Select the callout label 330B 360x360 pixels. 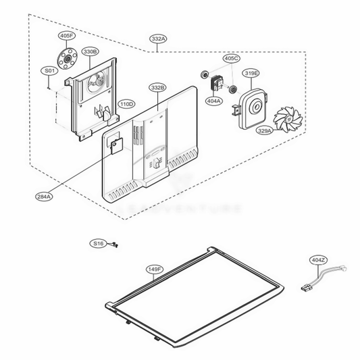(x=91, y=51)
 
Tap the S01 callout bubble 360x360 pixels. (x=49, y=71)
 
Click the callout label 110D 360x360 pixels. (x=126, y=104)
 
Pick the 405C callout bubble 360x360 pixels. (x=232, y=59)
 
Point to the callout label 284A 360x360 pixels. (x=44, y=197)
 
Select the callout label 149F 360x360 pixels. (x=155, y=269)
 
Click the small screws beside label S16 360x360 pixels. (x=116, y=245)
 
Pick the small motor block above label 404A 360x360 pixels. (x=218, y=83)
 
